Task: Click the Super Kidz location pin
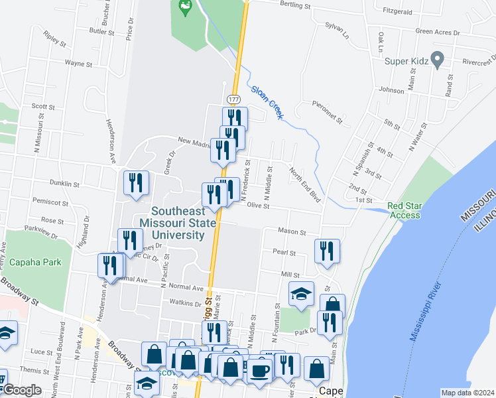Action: [437, 60]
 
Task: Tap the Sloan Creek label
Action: [267, 102]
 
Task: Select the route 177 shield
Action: [233, 99]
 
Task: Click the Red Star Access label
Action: [404, 210]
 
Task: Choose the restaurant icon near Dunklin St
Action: [135, 183]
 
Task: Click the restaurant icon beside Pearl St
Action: [327, 251]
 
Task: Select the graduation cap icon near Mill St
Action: [301, 293]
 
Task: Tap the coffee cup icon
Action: [260, 369]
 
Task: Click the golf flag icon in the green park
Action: [185, 8]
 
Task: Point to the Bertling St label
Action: [295, 5]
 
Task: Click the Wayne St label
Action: [78, 64]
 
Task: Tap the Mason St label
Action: [292, 233]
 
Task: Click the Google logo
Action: [22, 390]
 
